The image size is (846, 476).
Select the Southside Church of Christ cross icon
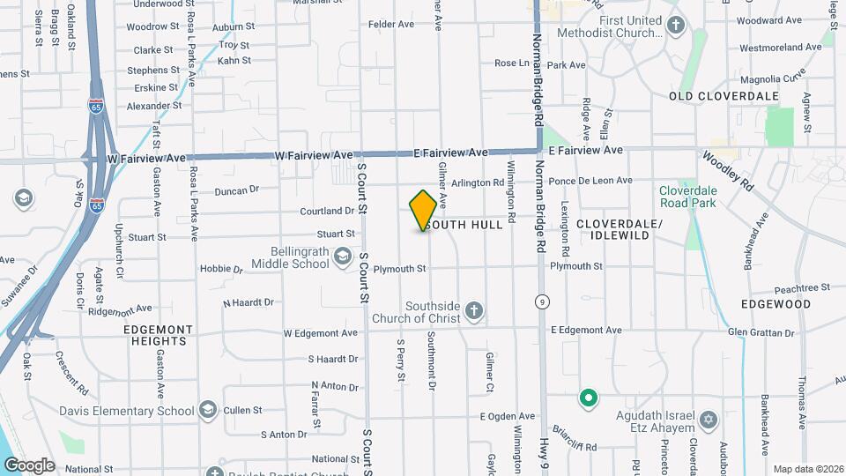[474, 310]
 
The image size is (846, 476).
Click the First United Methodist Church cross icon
[676, 25]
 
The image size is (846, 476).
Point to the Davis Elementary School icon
[207, 410]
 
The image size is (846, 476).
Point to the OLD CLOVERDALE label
[724, 95]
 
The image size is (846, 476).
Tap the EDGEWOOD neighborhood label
[775, 304]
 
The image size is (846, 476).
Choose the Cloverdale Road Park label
[688, 196]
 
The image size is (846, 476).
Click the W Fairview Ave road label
[146, 158]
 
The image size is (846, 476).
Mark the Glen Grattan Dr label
[761, 331]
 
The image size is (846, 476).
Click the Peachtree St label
[802, 288]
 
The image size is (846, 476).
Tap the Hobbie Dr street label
[220, 268]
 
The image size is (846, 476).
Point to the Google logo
[29, 465]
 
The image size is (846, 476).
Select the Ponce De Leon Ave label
[590, 181]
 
